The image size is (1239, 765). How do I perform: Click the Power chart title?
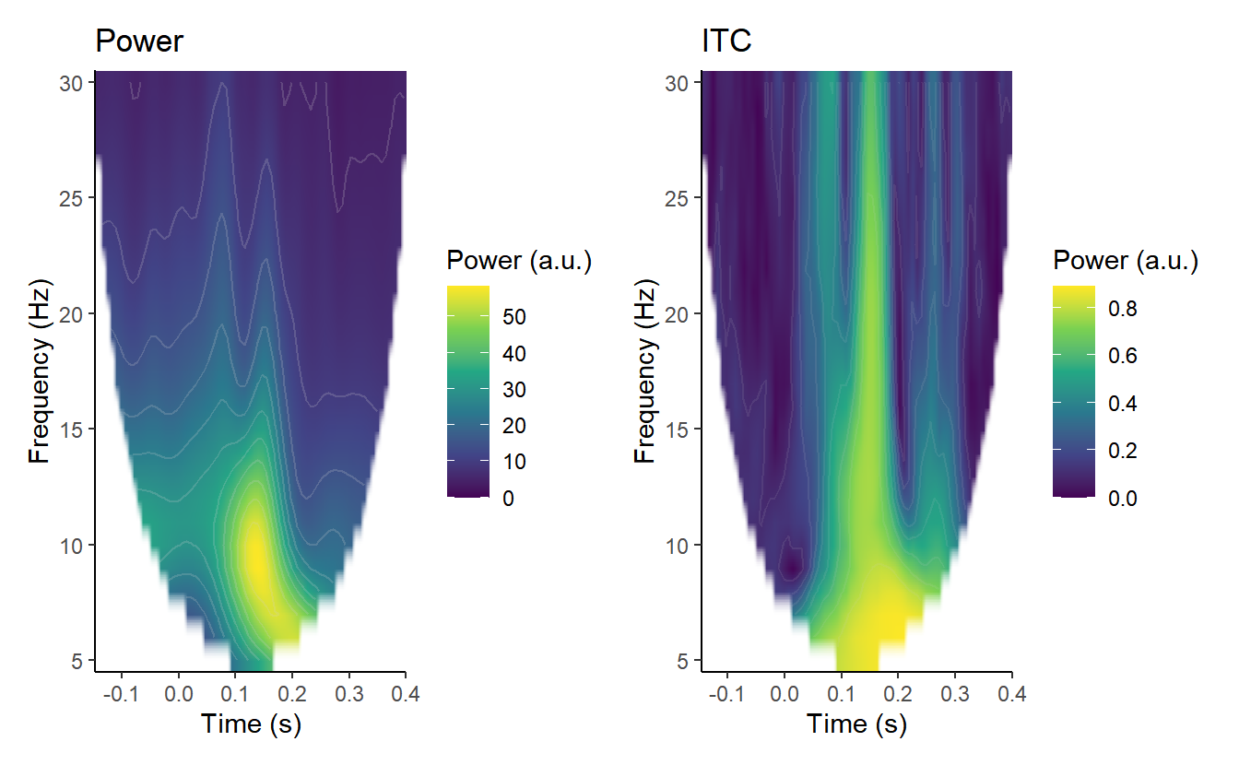(x=139, y=41)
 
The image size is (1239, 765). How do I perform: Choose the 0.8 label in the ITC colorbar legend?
(x=1122, y=310)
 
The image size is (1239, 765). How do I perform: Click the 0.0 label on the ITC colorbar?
(x=1122, y=499)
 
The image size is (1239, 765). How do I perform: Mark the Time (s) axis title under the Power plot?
(x=251, y=724)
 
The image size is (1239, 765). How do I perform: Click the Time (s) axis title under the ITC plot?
(x=856, y=724)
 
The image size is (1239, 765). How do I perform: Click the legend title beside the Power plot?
(x=518, y=262)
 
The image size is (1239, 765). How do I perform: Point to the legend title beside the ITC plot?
(x=1125, y=262)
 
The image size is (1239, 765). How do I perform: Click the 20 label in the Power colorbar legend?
(x=513, y=426)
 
